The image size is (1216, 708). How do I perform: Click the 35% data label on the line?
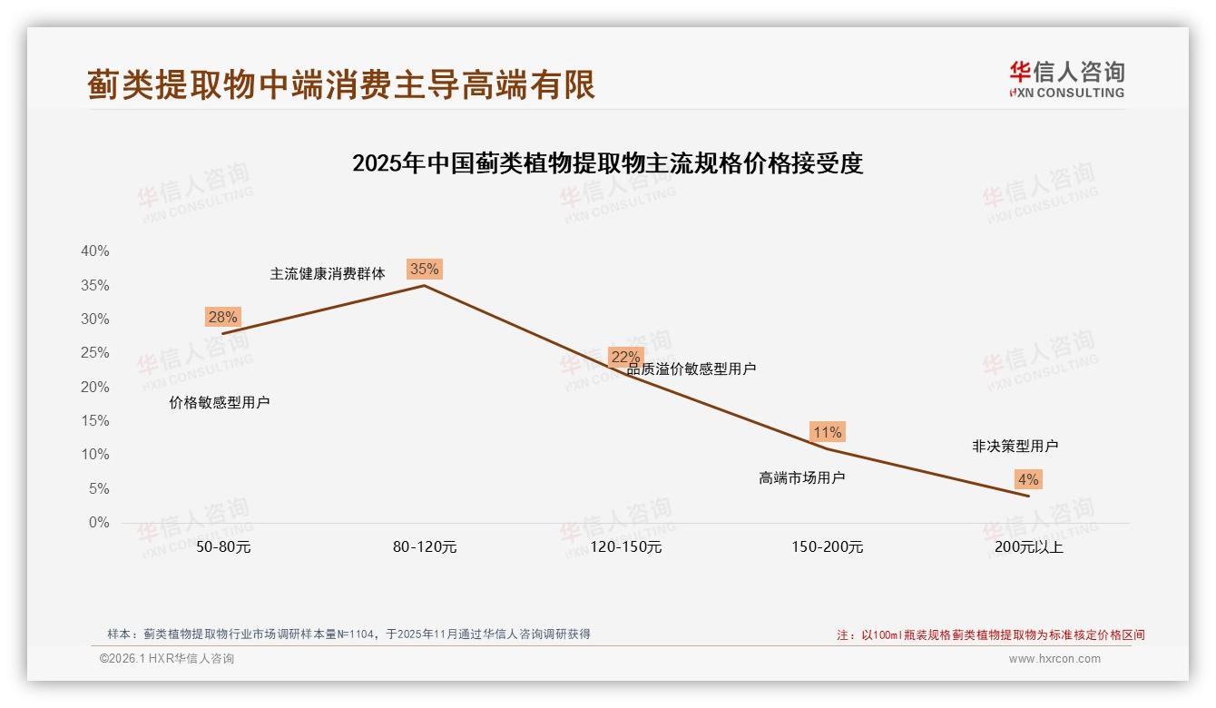(x=424, y=269)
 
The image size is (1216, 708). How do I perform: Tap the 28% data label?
(x=222, y=317)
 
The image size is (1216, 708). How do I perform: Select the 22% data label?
(x=625, y=357)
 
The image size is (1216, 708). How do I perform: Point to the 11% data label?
(x=827, y=432)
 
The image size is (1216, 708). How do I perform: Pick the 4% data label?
(x=1028, y=479)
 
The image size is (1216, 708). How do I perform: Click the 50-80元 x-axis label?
(x=222, y=547)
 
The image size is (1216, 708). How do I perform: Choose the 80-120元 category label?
(x=424, y=547)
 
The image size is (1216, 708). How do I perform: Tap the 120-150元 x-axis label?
(x=625, y=547)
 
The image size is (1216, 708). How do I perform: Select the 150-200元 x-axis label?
(x=827, y=547)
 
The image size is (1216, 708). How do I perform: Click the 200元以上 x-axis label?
(x=1028, y=547)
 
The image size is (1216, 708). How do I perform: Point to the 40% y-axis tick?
(x=95, y=251)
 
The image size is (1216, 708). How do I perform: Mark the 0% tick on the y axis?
(x=99, y=523)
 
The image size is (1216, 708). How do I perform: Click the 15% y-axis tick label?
(x=95, y=421)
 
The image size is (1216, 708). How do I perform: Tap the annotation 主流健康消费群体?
(x=328, y=273)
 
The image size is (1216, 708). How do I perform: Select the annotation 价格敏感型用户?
(x=219, y=402)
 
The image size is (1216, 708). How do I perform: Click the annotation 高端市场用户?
(x=801, y=477)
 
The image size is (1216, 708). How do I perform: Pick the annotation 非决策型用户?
(x=1015, y=446)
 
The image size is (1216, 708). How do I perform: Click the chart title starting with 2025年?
(x=607, y=163)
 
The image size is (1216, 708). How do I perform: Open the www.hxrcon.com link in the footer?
(x=1054, y=659)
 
